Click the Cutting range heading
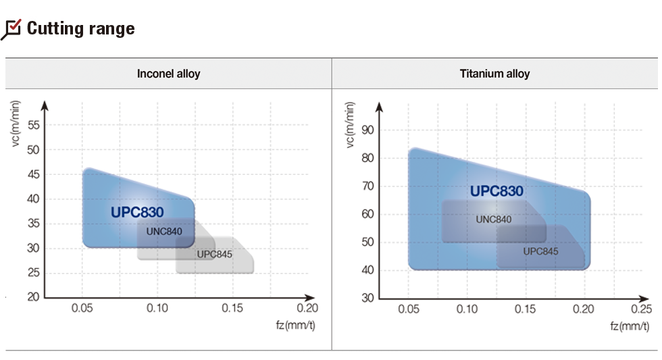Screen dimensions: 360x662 (80, 29)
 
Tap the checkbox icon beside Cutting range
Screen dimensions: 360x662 (12, 29)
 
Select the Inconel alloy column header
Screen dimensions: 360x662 (168, 74)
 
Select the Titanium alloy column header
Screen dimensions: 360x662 (495, 74)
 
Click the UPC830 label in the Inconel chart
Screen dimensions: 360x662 (137, 212)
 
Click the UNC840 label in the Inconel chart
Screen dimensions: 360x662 (164, 231)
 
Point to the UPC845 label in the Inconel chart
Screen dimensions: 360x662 (214, 254)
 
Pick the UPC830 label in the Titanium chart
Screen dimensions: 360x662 (496, 191)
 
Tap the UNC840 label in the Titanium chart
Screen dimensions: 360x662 (493, 219)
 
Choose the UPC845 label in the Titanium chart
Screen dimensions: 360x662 (540, 251)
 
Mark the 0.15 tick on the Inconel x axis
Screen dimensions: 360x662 (232, 309)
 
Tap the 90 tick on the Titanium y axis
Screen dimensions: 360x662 (367, 130)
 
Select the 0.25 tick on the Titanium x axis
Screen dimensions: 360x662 (642, 309)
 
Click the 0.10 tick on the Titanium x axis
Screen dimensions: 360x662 (467, 309)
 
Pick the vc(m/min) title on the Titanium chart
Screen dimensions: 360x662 (350, 126)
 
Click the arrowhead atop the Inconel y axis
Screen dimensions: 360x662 (45, 105)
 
